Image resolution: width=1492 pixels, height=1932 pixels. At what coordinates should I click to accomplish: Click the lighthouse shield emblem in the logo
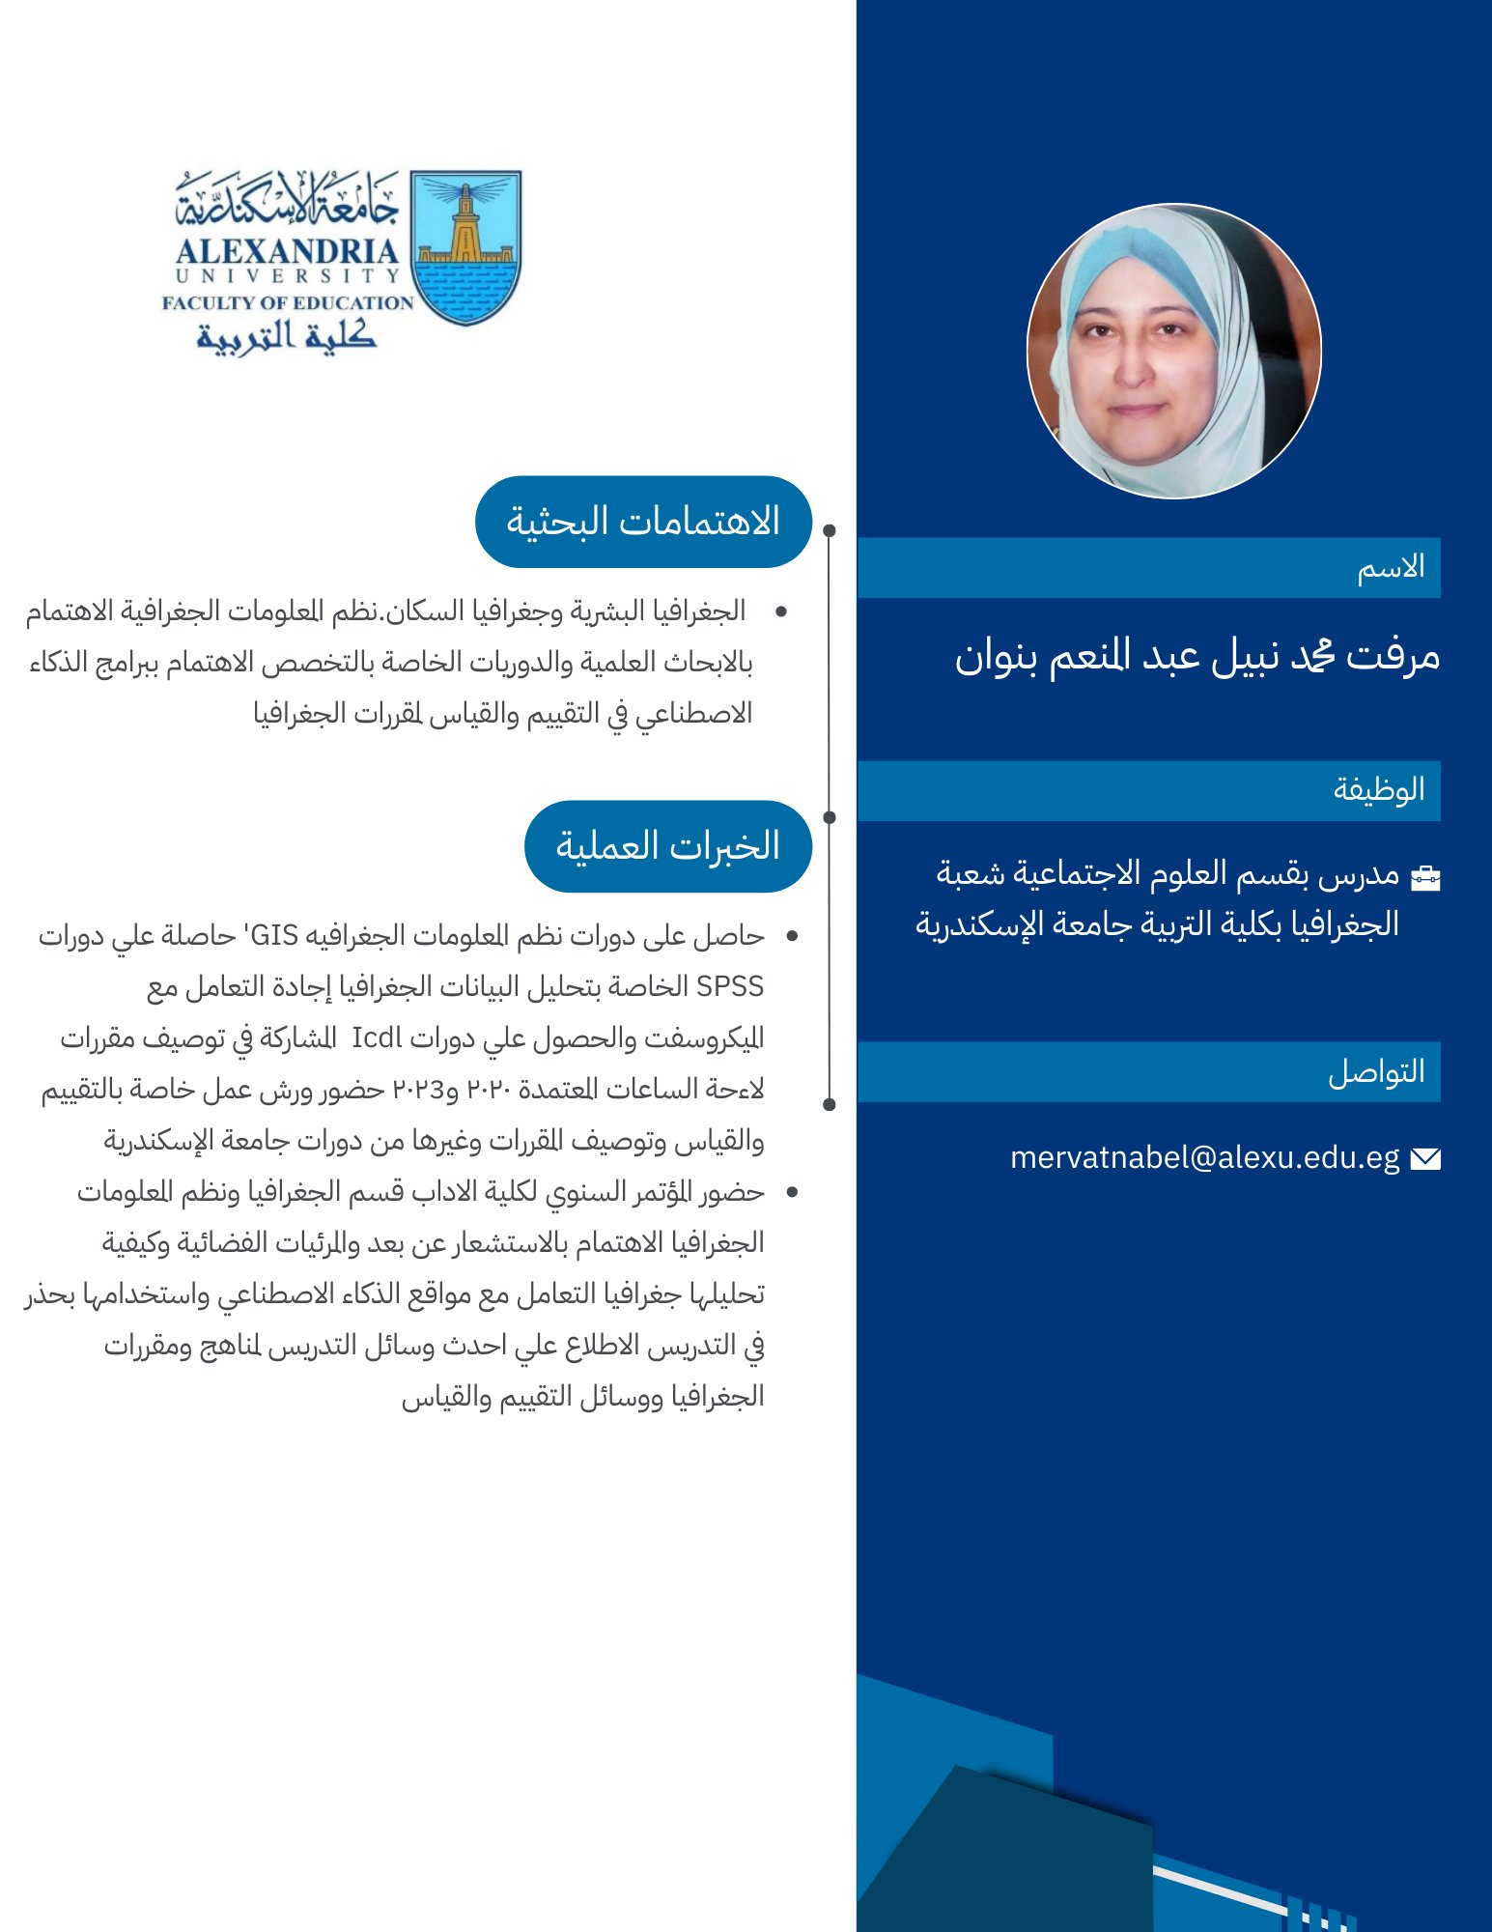point(465,247)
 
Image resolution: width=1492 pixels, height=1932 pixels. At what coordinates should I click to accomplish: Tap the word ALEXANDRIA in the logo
point(287,251)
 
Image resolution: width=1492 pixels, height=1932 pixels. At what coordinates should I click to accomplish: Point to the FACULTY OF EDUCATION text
point(288,302)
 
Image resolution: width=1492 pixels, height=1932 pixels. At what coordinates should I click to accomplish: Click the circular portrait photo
point(1173,351)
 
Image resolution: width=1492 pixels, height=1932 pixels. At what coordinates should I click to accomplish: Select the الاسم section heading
point(1391,568)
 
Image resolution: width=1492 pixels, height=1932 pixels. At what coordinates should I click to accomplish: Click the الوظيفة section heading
point(1379,790)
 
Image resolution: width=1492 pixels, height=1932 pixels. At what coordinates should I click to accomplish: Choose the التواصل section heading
point(1376,1071)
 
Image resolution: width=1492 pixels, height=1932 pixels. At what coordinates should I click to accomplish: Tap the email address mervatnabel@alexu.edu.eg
point(1204,1157)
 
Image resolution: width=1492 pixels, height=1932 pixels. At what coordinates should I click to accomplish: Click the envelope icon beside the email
point(1425,1158)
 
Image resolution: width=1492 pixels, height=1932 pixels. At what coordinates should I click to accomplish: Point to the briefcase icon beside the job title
point(1425,877)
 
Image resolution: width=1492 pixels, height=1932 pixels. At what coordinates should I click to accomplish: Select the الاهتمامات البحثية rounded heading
point(643,522)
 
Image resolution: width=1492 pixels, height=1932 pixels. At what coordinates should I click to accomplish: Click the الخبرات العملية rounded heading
point(667,846)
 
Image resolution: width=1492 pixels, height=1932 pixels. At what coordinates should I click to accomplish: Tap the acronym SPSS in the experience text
point(730,986)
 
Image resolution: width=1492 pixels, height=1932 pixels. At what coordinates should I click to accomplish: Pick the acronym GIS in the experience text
point(274,935)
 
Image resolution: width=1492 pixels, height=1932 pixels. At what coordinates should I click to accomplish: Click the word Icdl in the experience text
point(377,1038)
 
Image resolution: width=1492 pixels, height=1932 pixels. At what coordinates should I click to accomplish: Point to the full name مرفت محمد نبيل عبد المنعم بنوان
point(1197,657)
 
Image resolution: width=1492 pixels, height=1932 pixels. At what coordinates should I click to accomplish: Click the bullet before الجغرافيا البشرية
point(781,611)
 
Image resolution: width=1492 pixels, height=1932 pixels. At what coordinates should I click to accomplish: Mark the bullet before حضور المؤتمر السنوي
point(792,1192)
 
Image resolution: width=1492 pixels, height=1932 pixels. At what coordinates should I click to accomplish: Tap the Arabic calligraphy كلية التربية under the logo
point(287,335)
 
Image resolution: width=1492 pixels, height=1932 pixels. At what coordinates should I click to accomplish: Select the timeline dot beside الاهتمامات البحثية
point(830,530)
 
